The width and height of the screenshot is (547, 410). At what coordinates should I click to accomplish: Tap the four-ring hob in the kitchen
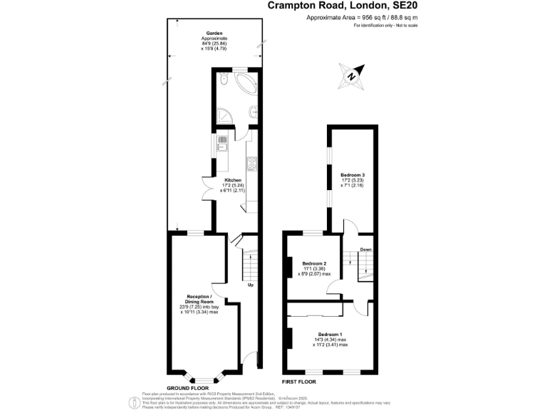click(252, 166)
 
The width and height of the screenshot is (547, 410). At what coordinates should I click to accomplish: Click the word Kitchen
click(233, 180)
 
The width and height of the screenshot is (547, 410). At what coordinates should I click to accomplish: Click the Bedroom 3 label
click(353, 174)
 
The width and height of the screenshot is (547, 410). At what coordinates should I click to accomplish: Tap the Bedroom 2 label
click(314, 263)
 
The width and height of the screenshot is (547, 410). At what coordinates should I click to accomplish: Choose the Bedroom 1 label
click(330, 335)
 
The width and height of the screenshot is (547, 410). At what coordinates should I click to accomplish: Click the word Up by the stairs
click(250, 285)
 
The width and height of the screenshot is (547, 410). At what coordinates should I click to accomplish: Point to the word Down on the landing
click(365, 249)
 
